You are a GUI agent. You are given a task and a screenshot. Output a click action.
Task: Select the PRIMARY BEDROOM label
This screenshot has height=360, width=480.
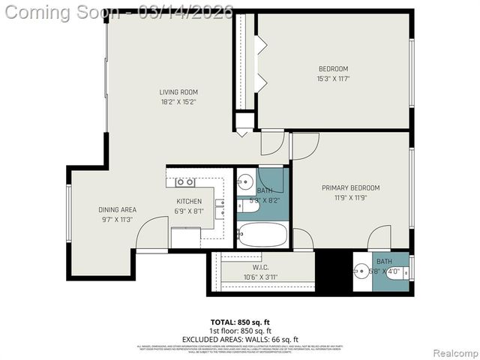coord(350,193)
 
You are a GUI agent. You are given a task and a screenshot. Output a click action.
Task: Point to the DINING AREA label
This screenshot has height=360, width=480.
coord(116,214)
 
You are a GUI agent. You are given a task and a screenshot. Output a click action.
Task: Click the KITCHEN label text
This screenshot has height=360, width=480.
coord(189,206)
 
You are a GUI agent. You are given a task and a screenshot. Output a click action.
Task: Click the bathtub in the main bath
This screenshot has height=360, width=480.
coord(262,235)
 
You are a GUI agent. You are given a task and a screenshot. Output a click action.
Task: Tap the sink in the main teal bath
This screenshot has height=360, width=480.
coord(245,182)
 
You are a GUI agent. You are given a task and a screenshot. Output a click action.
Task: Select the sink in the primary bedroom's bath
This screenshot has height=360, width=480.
coord(361,271)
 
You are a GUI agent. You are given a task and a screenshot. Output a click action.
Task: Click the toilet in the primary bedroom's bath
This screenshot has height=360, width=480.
coord(394,271)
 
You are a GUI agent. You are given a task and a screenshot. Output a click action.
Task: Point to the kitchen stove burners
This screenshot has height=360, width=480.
coord(184,181)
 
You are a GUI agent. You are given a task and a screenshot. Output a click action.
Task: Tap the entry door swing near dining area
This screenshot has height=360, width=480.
coord(152,232)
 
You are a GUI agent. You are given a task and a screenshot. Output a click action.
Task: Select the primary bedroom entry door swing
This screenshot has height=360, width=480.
coord(304,145)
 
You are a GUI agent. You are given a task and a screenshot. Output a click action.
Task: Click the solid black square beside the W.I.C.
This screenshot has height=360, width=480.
coord(333,271)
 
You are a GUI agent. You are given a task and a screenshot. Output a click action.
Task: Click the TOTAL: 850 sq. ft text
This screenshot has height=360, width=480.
coord(240,322)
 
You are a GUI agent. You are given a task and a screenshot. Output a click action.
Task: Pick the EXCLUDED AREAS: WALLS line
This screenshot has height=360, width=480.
coord(240,339)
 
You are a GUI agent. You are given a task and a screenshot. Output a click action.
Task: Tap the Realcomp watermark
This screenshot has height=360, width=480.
coord(454,353)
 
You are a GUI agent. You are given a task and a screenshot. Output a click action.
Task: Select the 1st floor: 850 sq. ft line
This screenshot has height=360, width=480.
coord(240,331)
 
